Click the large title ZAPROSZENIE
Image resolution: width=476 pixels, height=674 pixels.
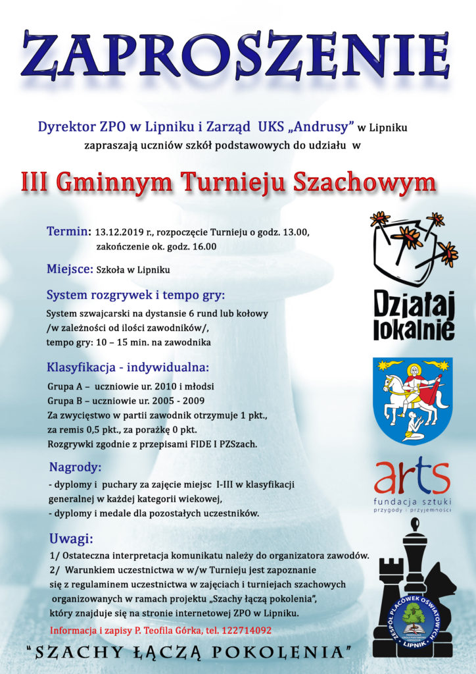(237, 54)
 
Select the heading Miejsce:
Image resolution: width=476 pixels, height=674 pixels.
(70, 269)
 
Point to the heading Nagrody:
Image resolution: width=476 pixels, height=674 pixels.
(75, 467)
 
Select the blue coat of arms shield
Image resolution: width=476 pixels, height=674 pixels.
(412, 400)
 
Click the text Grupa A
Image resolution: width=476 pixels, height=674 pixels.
(64, 386)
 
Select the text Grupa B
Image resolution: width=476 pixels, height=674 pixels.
(64, 400)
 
